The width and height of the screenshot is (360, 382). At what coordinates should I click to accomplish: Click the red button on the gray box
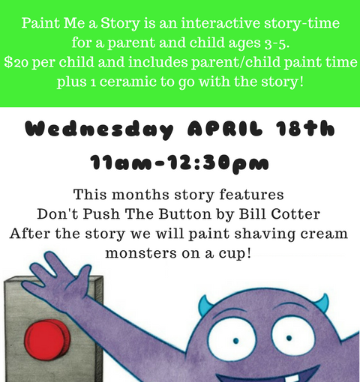tap(47, 340)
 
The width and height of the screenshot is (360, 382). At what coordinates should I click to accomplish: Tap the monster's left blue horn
tap(205, 305)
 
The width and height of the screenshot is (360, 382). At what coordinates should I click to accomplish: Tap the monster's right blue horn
tap(322, 303)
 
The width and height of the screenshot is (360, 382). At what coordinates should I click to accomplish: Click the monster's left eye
tap(233, 340)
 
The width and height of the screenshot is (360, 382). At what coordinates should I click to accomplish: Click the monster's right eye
tap(292, 336)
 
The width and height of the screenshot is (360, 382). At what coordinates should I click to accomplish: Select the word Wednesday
tap(99, 130)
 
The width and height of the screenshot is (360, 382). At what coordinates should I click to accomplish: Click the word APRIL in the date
tap(225, 129)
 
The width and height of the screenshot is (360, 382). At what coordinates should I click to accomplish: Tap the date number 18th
tap(305, 129)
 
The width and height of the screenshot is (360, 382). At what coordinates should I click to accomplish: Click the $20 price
tap(16, 62)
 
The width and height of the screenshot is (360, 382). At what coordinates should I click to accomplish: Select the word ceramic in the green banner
tap(127, 82)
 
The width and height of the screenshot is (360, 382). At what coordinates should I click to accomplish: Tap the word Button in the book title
tap(185, 214)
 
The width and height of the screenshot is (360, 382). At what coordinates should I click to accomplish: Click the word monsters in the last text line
tap(141, 253)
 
